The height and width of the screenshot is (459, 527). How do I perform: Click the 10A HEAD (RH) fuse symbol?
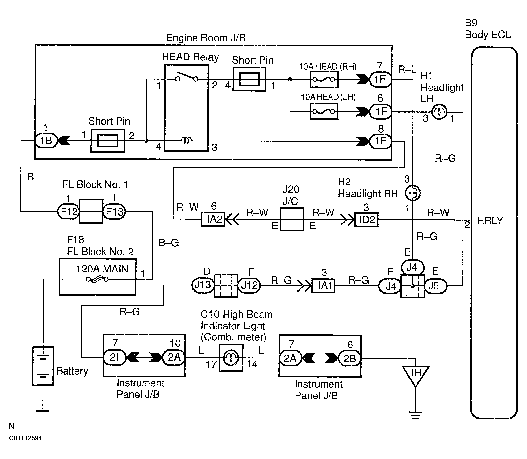click(x=324, y=79)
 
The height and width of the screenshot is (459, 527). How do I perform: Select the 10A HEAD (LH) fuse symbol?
click(x=324, y=111)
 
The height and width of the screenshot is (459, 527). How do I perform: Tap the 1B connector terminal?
click(x=46, y=141)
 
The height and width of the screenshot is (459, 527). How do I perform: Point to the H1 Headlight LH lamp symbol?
click(x=439, y=112)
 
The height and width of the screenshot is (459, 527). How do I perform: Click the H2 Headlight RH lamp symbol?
click(x=413, y=193)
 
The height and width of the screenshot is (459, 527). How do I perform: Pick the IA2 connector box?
click(x=213, y=219)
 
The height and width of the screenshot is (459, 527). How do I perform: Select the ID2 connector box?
click(x=366, y=220)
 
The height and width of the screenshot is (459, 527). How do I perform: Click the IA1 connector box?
click(x=324, y=285)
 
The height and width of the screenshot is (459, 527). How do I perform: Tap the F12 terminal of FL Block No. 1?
click(x=68, y=212)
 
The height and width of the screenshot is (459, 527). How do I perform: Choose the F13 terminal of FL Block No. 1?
click(x=114, y=212)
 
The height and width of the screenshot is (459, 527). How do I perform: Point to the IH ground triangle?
click(x=415, y=374)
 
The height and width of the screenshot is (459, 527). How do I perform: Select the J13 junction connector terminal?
click(x=203, y=285)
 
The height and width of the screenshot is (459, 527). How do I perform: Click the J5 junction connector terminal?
click(x=435, y=286)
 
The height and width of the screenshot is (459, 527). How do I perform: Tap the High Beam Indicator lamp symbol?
click(x=231, y=358)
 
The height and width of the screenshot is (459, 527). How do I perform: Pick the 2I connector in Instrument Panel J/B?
click(x=114, y=357)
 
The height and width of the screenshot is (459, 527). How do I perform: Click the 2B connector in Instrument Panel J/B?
click(x=349, y=358)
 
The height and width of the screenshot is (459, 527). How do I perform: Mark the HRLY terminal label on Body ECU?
click(x=490, y=220)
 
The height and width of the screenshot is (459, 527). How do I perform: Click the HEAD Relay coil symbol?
click(x=187, y=140)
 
